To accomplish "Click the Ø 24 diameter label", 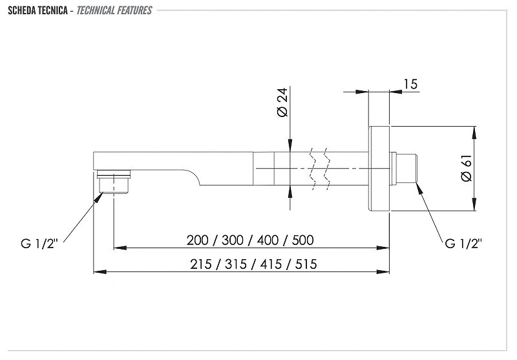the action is click(282, 102).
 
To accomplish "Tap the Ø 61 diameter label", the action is click(467, 168).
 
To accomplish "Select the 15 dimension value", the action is click(410, 84).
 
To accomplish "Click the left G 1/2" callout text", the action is click(39, 244).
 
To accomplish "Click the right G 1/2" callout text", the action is click(463, 244).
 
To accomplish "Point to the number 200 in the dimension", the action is click(197, 240).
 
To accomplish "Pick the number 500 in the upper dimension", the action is click(302, 240).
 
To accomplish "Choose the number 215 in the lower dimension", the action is click(200, 264).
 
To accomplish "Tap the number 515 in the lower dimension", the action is click(306, 264).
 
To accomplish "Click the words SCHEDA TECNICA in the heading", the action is click(38, 10).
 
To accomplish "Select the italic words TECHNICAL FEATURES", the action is click(114, 10).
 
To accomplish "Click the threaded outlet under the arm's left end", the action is click(114, 182).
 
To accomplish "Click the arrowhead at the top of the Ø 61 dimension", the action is click(474, 132).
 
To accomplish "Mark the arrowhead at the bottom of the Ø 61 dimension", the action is click(474, 204).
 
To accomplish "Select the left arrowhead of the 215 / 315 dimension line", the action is click(100, 272).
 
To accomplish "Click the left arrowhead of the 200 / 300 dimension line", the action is click(120, 248).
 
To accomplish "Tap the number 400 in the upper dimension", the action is click(268, 240).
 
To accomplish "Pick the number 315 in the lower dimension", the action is click(236, 264).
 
